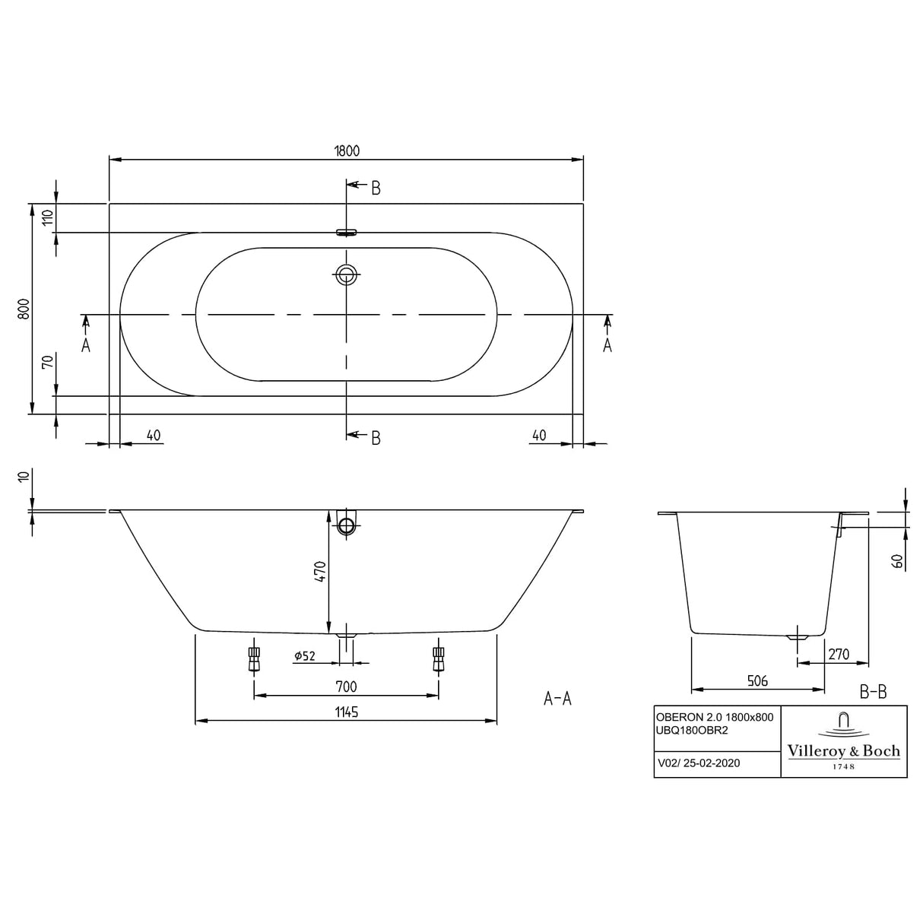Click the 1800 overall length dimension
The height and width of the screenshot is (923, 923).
(x=347, y=151)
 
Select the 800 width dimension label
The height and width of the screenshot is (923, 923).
(x=24, y=309)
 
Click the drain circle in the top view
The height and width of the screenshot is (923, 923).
(x=347, y=274)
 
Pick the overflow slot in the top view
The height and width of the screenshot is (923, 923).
(x=347, y=233)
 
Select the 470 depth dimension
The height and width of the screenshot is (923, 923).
(x=319, y=571)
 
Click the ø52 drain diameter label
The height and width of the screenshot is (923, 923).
(x=304, y=655)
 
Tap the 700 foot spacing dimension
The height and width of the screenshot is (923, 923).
(x=346, y=687)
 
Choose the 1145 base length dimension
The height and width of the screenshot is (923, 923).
(x=346, y=712)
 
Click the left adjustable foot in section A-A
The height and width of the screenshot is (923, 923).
(x=254, y=658)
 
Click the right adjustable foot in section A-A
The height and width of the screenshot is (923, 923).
(x=438, y=658)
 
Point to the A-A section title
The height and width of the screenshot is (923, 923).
(x=557, y=699)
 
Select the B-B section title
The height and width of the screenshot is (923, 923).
(x=873, y=692)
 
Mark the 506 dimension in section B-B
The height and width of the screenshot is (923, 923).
(x=757, y=681)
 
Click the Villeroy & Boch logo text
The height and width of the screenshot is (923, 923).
(x=843, y=751)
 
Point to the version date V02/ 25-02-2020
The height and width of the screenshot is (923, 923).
(x=699, y=763)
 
